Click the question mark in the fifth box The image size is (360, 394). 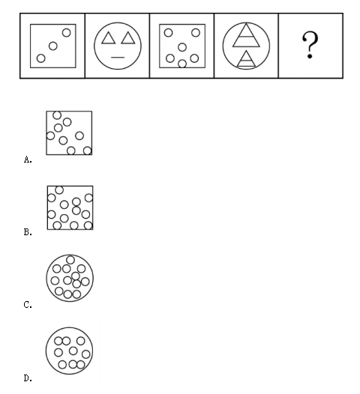[310, 45]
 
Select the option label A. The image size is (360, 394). [28, 160]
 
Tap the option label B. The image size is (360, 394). [28, 232]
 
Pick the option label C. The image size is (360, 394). [28, 305]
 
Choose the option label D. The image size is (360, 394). [28, 378]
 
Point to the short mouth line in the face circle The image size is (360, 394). [118, 58]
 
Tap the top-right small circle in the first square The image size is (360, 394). [67, 33]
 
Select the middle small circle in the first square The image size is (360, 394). [53, 46]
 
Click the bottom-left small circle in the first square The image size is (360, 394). [40, 58]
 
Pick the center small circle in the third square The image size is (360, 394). [182, 47]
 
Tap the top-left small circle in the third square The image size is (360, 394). [168, 33]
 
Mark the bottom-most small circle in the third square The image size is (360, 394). [182, 64]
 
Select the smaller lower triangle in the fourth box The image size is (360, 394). [247, 61]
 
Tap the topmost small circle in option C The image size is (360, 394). [70, 260]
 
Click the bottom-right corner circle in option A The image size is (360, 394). [87, 151]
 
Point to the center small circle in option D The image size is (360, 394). [73, 351]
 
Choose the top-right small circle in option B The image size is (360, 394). [88, 198]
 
